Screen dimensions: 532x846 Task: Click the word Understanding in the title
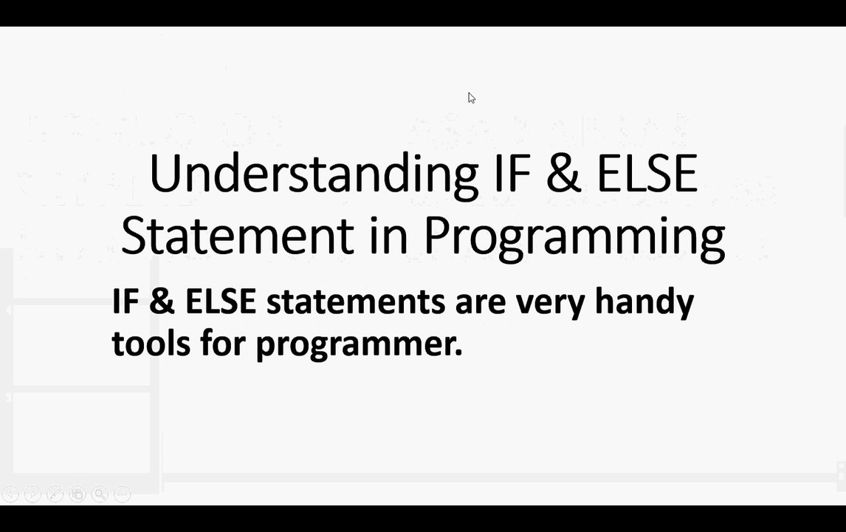coord(313,175)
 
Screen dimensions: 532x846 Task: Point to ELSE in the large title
coord(647,174)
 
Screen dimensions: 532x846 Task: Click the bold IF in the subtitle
coord(125,301)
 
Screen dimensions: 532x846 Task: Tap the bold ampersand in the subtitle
coord(162,301)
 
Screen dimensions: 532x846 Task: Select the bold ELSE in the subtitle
coord(220,301)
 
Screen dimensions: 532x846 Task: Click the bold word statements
coord(355,302)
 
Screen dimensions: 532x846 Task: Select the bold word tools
coord(151,344)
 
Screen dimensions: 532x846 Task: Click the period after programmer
coord(458,354)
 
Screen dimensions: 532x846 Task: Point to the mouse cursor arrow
coord(471,98)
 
